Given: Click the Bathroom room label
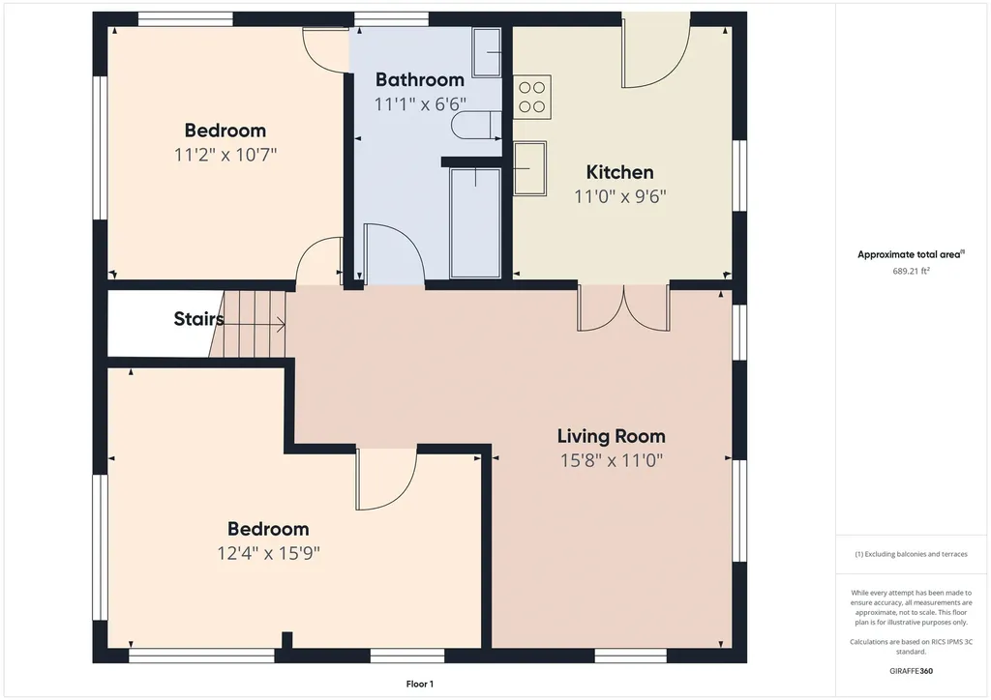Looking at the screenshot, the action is point(420,79).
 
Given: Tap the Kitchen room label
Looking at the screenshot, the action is point(619,172).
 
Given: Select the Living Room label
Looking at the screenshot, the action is point(612,436).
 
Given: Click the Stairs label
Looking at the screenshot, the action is point(199,319).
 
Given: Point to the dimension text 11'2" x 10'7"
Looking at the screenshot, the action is point(225,155).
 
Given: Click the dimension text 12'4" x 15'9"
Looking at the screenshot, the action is point(269,554).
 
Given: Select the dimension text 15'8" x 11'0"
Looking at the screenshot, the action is point(612,461).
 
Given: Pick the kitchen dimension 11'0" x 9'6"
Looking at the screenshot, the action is point(620,196).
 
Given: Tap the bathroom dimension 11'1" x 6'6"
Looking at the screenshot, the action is point(420,104).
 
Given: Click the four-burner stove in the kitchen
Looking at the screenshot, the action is point(532,98).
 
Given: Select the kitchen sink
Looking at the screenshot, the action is point(529,168).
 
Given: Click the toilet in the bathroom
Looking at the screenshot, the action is point(476,125).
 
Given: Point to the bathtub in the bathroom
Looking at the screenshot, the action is point(475,222).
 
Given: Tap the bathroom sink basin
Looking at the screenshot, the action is point(487,52).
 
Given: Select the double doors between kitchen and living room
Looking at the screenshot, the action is point(624,308).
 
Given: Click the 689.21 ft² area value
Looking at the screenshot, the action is point(911,272).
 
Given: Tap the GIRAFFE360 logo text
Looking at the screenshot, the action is point(911,671).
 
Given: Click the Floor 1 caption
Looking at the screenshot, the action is point(420,685).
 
